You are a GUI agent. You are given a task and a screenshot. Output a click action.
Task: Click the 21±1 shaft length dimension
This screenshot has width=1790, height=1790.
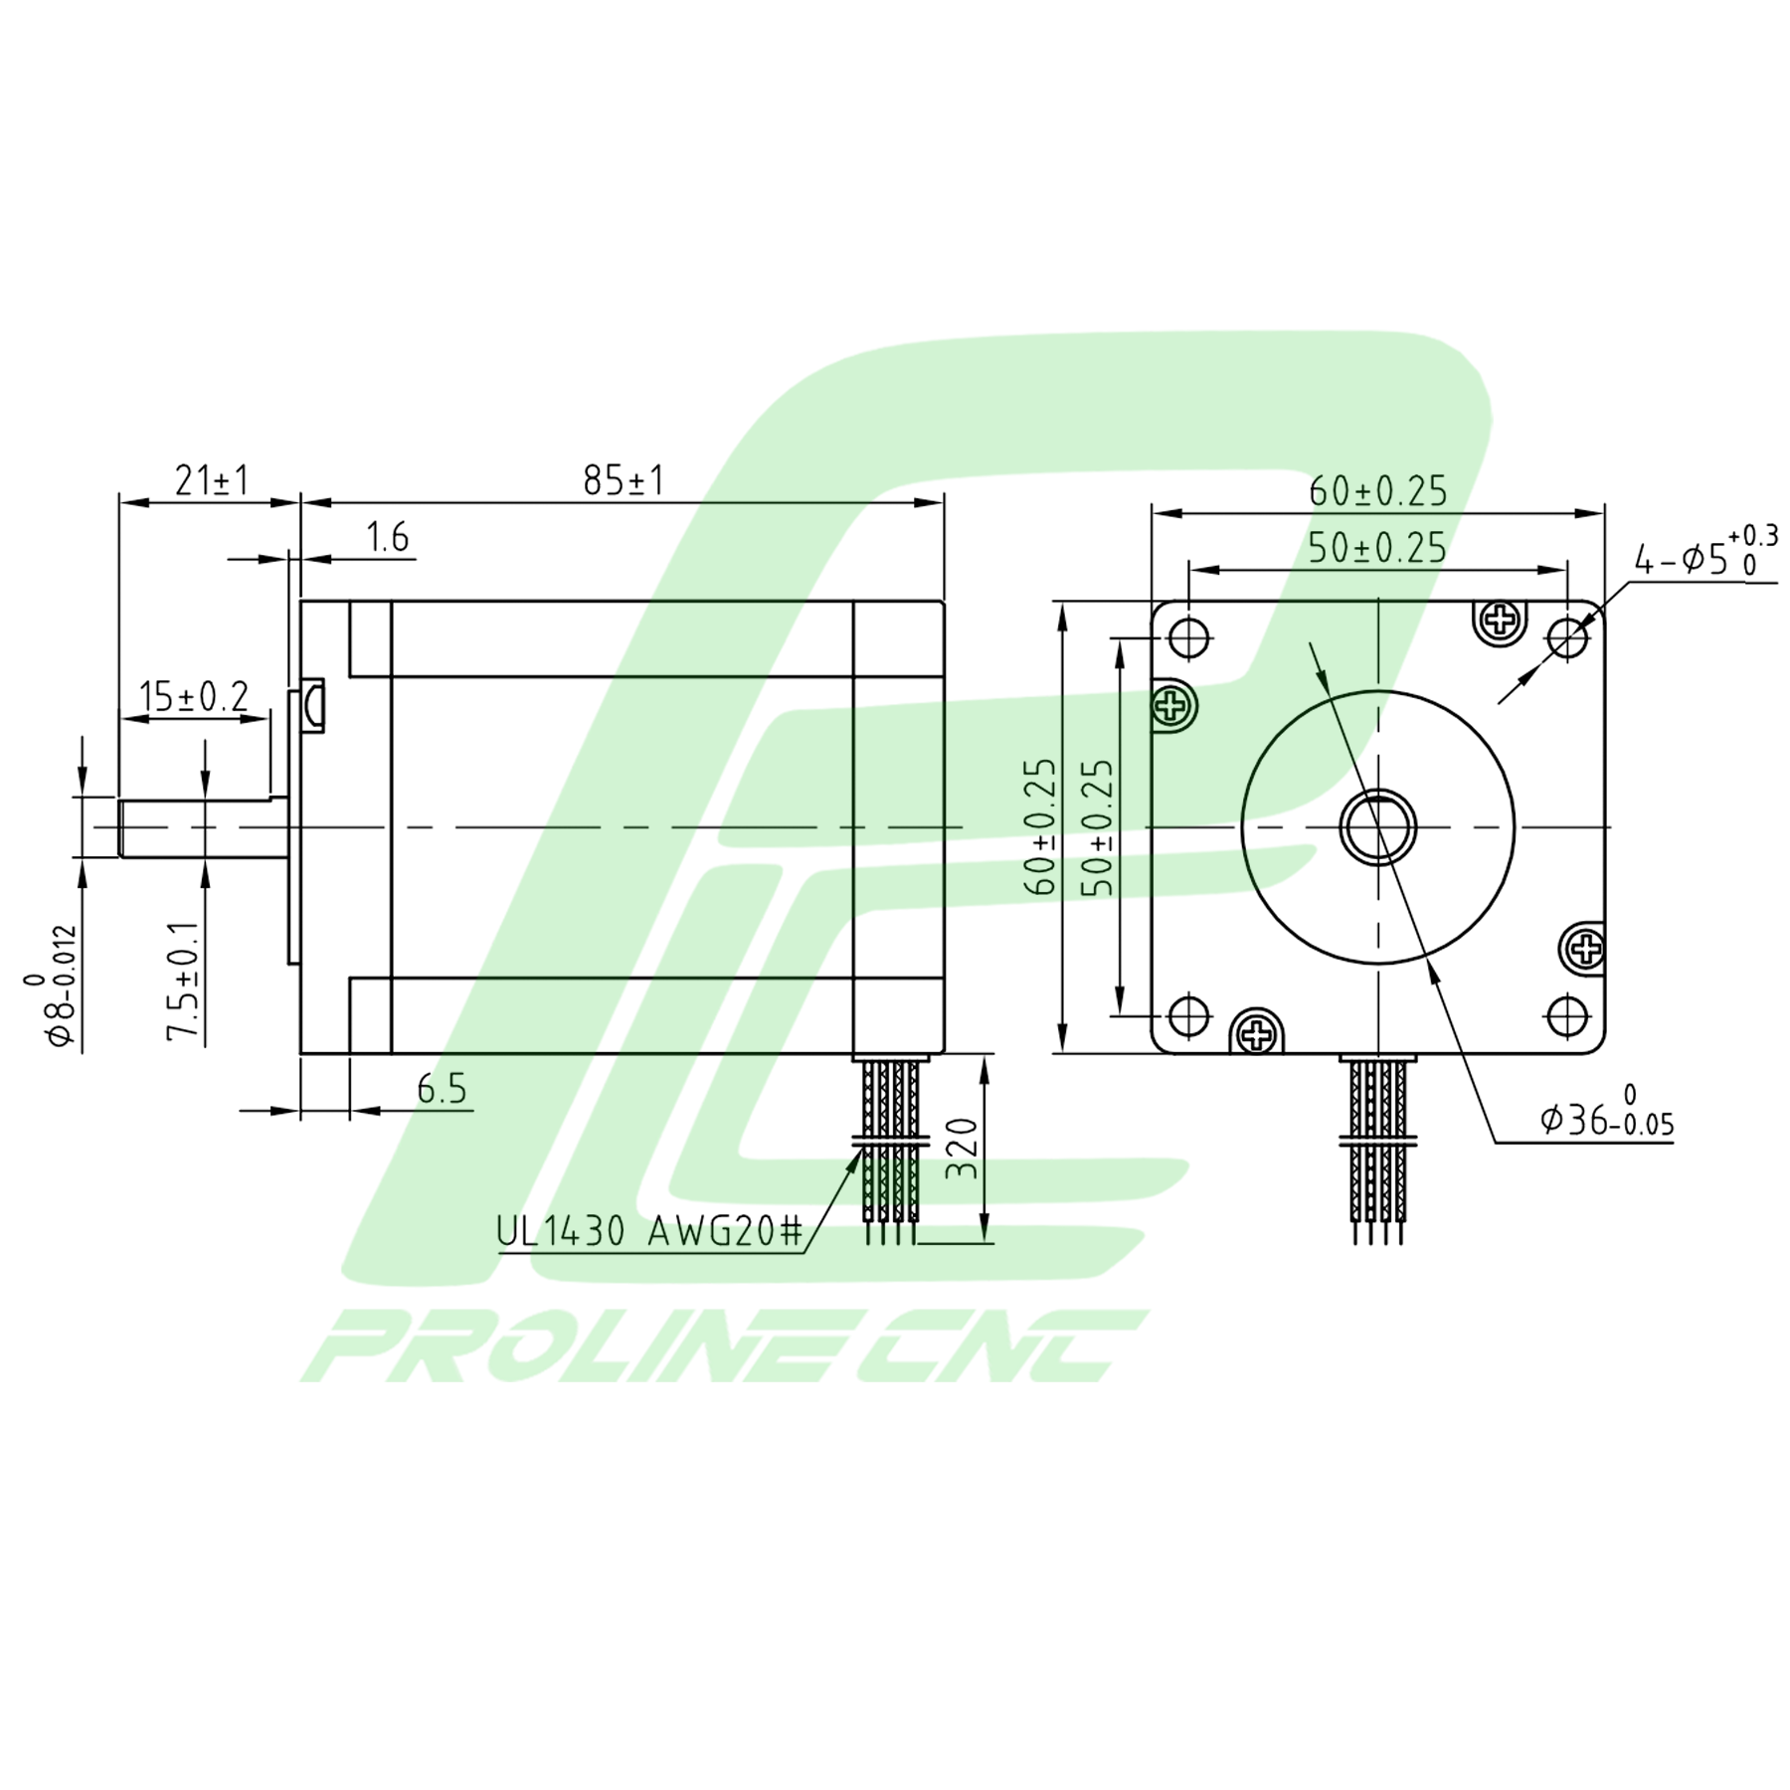(x=211, y=481)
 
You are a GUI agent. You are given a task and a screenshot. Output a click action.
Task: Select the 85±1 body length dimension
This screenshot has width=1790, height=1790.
(x=623, y=481)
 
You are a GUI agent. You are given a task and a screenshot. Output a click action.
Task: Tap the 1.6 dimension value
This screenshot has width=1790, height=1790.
(x=388, y=538)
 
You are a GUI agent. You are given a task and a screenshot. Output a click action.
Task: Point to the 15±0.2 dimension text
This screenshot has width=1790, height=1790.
(x=194, y=696)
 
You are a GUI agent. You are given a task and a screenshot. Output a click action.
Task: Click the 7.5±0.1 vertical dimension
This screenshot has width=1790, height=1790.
(x=184, y=982)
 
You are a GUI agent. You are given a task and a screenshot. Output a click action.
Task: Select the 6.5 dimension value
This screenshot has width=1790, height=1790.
(x=442, y=1090)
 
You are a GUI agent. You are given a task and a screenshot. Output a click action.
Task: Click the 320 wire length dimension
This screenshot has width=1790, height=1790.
(x=962, y=1149)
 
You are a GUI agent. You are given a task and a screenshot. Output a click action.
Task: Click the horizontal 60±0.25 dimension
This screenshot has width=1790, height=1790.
(x=1378, y=491)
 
